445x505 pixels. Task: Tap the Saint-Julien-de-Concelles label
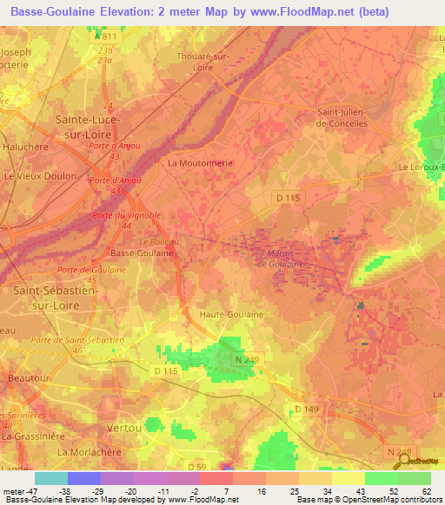pos(342,117)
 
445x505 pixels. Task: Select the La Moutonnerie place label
pos(200,162)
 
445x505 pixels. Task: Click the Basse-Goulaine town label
pos(142,252)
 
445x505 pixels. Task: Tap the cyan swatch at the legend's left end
pos(50,478)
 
